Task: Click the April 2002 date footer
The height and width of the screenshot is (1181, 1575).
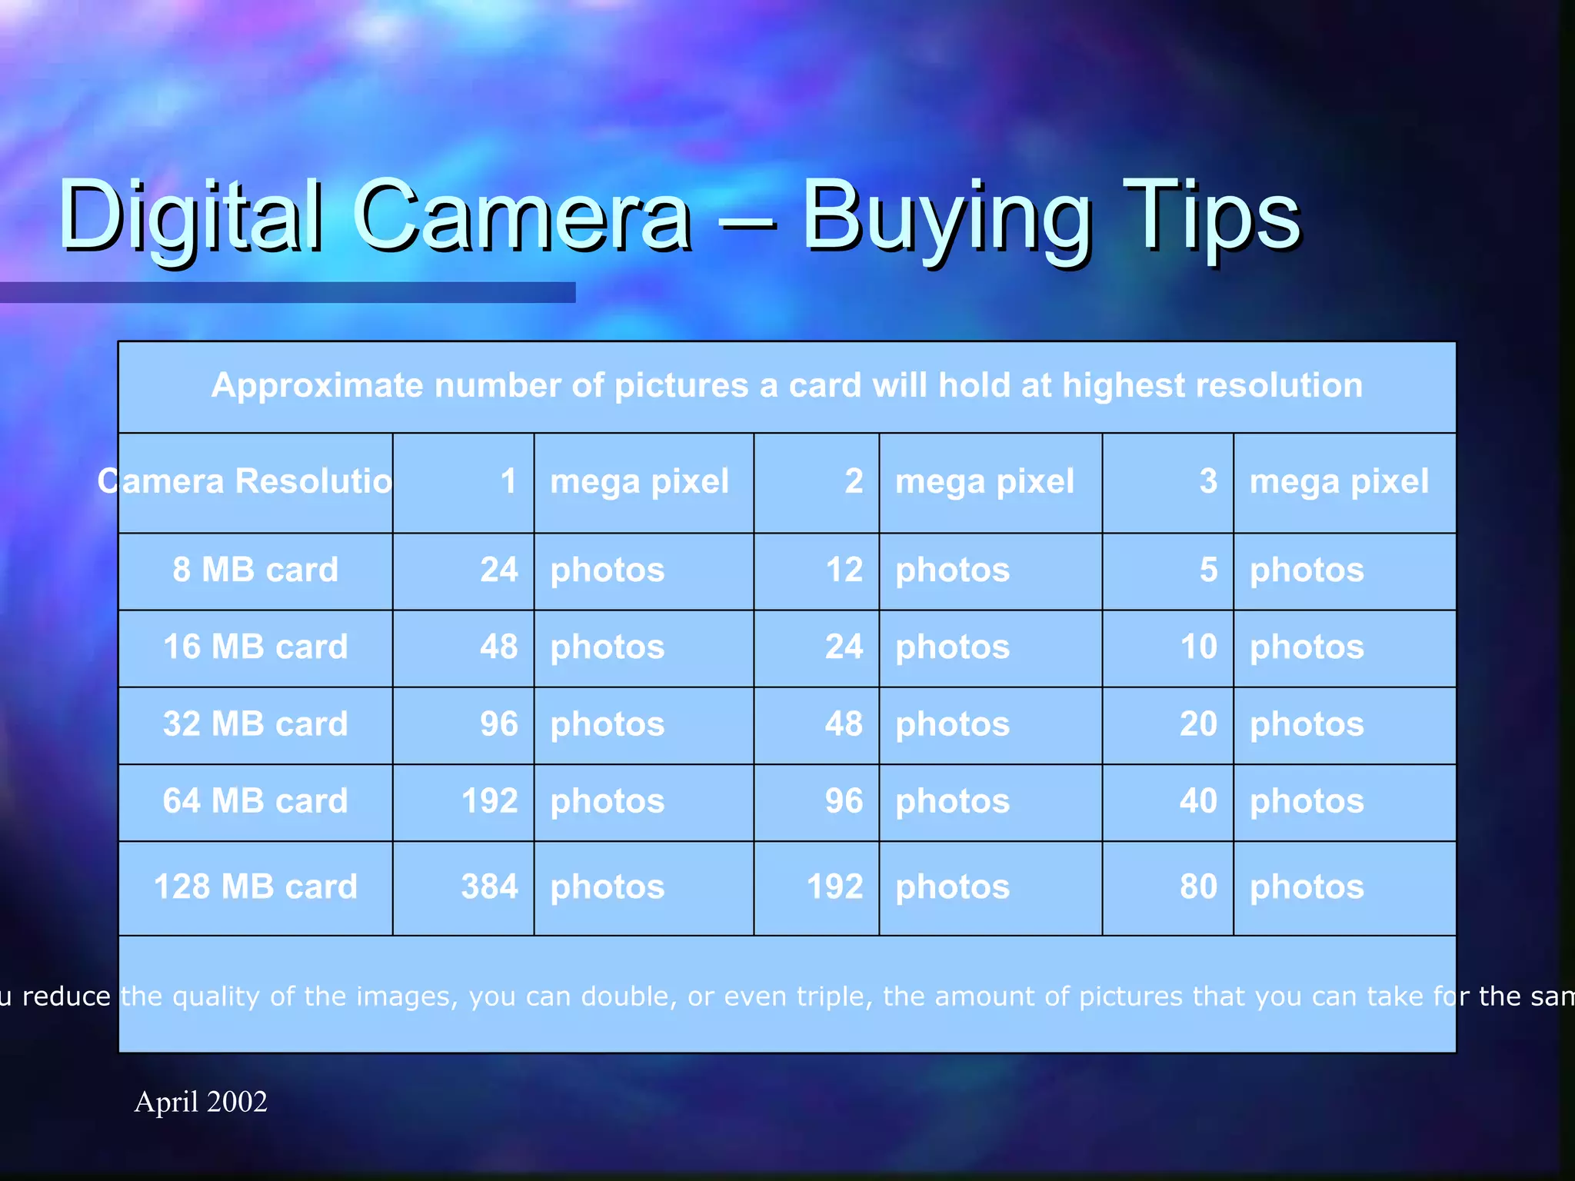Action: pyautogui.click(x=201, y=1102)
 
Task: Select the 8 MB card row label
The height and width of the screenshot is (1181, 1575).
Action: pyautogui.click(x=255, y=571)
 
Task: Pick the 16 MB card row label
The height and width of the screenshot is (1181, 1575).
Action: pyautogui.click(x=255, y=647)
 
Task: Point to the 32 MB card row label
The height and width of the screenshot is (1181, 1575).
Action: pyautogui.click(x=255, y=724)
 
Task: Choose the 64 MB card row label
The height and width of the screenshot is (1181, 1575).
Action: pyautogui.click(x=255, y=801)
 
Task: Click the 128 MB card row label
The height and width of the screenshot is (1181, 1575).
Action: pyautogui.click(x=255, y=887)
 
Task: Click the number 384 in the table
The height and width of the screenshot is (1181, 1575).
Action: pyautogui.click(x=489, y=887)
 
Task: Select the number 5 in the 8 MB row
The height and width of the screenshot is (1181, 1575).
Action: pyautogui.click(x=1208, y=571)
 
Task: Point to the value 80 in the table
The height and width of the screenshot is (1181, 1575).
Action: pyautogui.click(x=1198, y=887)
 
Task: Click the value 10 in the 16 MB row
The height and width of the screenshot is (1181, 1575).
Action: pyautogui.click(x=1198, y=647)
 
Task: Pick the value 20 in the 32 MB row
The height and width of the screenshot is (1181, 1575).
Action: pyautogui.click(x=1198, y=724)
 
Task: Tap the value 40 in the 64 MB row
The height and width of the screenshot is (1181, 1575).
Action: pyautogui.click(x=1198, y=801)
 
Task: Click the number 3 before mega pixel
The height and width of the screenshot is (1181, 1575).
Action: pyautogui.click(x=1208, y=482)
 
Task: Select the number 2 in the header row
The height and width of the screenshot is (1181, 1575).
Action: pyautogui.click(x=854, y=482)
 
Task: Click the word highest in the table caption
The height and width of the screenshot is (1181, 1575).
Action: pyautogui.click(x=1122, y=386)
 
